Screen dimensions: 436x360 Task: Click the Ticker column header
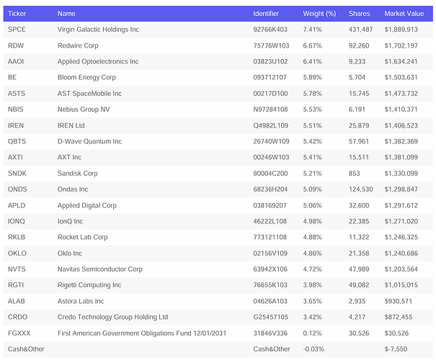pos(17,14)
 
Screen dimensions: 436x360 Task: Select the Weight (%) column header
pos(319,14)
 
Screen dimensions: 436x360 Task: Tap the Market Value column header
pos(404,14)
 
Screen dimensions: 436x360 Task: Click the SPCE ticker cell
pos(17,30)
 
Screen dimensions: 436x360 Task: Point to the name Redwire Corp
pos(78,45)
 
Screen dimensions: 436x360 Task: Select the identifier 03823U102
pos(270,61)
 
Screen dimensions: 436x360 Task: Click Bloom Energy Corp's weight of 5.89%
pos(312,77)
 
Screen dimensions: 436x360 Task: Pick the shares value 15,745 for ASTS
pos(359,94)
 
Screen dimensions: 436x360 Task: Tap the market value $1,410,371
pos(401,109)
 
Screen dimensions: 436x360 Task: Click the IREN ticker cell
pos(16,125)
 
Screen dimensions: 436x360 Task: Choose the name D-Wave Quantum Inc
pos(89,141)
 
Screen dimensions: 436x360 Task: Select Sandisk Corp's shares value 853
pos(355,174)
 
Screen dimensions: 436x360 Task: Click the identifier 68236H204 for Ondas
pos(270,189)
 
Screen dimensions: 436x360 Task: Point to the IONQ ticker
pos(17,221)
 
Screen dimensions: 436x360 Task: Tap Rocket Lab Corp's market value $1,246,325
pos(401,237)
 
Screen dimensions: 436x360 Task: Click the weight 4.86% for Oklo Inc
pos(312,253)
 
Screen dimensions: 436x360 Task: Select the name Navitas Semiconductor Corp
pos(100,269)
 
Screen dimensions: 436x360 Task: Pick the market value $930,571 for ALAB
pos(399,301)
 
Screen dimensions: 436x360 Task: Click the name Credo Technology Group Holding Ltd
pos(112,317)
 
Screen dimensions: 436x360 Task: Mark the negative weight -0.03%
pos(313,349)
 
